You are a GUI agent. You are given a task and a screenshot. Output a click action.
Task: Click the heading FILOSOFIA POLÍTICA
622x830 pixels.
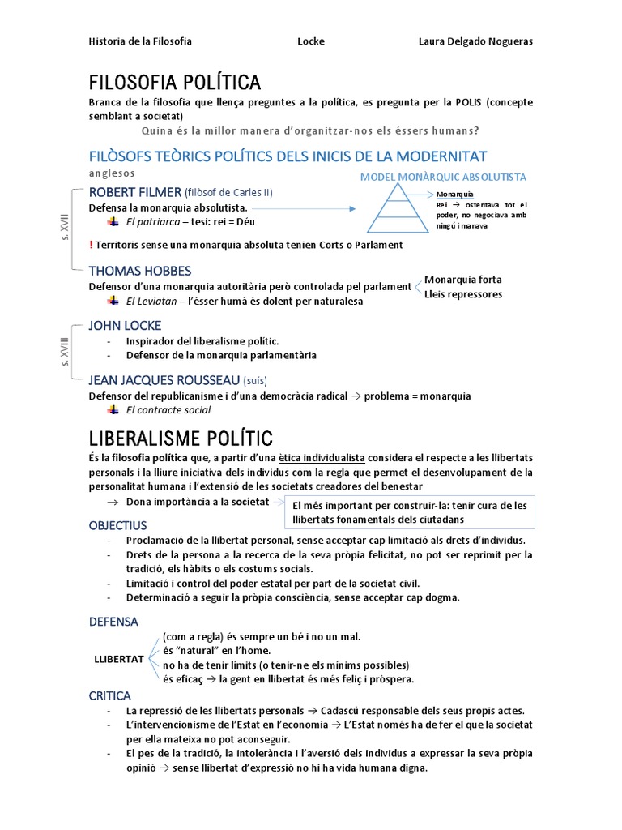(x=174, y=83)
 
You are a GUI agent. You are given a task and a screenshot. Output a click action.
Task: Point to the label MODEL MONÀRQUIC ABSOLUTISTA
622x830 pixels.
(x=443, y=177)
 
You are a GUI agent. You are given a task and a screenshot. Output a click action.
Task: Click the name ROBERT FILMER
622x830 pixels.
(x=134, y=192)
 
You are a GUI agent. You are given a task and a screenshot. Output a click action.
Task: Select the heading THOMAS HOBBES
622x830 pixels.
(x=139, y=271)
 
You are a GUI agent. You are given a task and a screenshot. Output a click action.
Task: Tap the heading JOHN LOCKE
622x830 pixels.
(x=125, y=326)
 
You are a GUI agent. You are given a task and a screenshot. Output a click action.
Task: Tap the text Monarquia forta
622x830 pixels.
(x=462, y=280)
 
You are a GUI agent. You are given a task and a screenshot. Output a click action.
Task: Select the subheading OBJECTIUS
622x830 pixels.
(x=118, y=525)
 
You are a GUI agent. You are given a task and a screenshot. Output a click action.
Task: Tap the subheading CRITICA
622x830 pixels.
(x=109, y=695)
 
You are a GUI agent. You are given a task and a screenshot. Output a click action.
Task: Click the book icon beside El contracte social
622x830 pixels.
(x=113, y=409)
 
